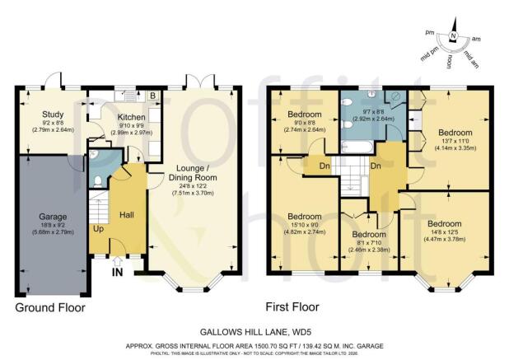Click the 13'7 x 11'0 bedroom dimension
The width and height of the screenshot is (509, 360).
point(455,142)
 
